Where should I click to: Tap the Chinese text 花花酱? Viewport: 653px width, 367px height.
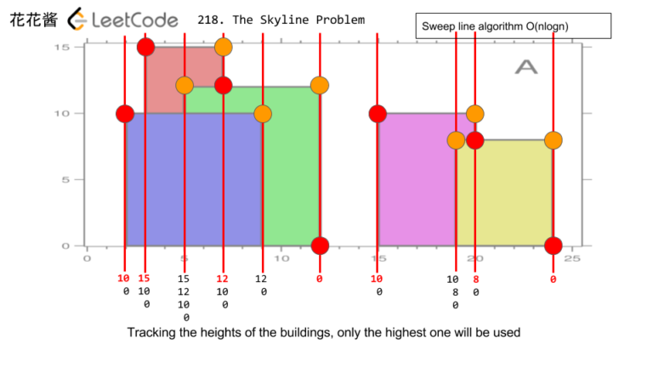[x=33, y=19]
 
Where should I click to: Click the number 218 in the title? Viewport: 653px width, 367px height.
[x=208, y=20]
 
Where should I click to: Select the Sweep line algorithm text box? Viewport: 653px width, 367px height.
[x=514, y=26]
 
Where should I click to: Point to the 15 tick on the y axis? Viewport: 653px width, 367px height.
[x=63, y=47]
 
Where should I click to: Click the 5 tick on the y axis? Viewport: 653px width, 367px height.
[x=66, y=179]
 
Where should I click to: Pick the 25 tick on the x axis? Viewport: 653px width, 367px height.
[x=572, y=258]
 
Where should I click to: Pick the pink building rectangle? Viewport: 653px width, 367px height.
[x=417, y=179]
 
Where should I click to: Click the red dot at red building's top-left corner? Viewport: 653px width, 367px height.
[x=145, y=47]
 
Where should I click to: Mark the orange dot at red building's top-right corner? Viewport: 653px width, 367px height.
[x=224, y=47]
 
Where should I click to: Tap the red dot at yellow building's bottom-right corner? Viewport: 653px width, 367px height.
[x=554, y=246]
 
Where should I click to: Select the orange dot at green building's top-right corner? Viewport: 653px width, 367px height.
[x=320, y=85]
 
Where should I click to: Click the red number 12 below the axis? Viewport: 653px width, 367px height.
[x=223, y=279]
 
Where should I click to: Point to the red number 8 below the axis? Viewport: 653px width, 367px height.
[x=476, y=279]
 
